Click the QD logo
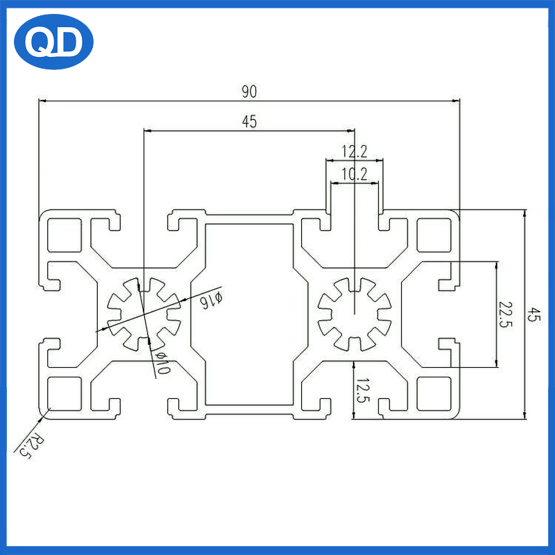coord(53,43)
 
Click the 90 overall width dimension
coord(249,91)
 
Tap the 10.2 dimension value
coord(354,174)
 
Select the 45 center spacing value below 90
coord(249,122)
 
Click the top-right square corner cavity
coord(433,234)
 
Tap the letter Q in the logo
coord(39,44)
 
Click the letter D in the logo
coord(71,44)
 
